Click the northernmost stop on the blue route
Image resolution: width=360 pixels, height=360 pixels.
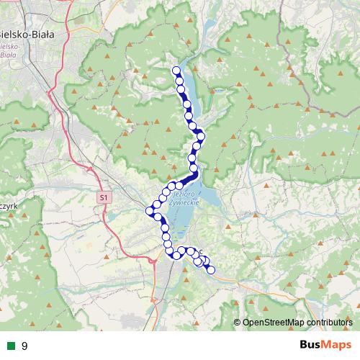(176, 70)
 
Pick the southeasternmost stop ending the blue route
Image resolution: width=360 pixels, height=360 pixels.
(211, 270)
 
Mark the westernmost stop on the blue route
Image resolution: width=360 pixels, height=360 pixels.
(150, 211)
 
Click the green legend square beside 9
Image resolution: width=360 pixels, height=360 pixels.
(11, 346)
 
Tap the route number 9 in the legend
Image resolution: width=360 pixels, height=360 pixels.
(24, 346)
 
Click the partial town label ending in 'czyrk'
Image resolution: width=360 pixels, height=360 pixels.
(7, 205)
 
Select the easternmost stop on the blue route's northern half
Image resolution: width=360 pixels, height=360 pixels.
(202, 136)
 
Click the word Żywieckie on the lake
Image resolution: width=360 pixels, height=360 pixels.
(186, 204)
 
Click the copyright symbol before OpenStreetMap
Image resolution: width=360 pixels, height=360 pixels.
(237, 323)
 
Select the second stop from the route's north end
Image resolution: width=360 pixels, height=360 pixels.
(179, 82)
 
